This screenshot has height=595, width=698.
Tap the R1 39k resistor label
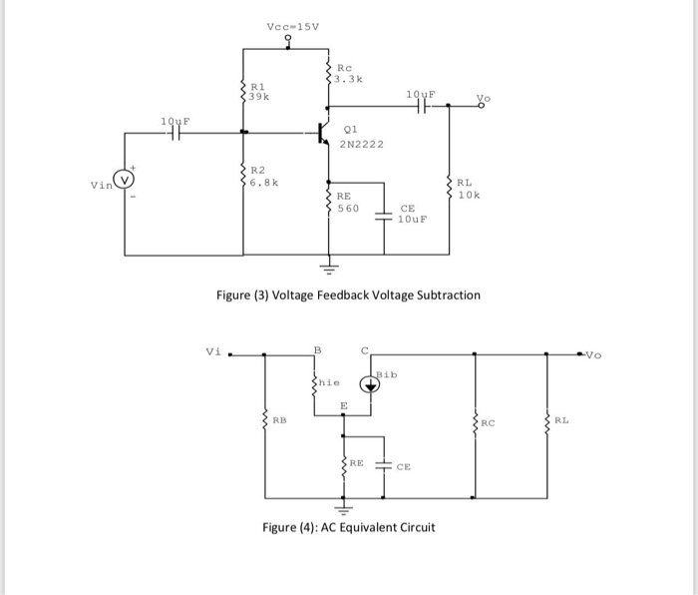point(259,92)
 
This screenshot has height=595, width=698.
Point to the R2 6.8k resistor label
point(262,177)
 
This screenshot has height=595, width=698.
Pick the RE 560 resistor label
point(347,203)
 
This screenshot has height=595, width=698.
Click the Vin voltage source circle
point(125,181)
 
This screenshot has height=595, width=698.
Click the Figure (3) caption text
point(348,296)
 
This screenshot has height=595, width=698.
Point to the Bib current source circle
point(370,388)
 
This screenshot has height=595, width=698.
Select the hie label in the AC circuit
point(328,381)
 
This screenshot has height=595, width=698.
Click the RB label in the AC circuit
point(279,420)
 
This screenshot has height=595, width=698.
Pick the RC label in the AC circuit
point(488,421)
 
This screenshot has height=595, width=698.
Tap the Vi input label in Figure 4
point(212,351)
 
